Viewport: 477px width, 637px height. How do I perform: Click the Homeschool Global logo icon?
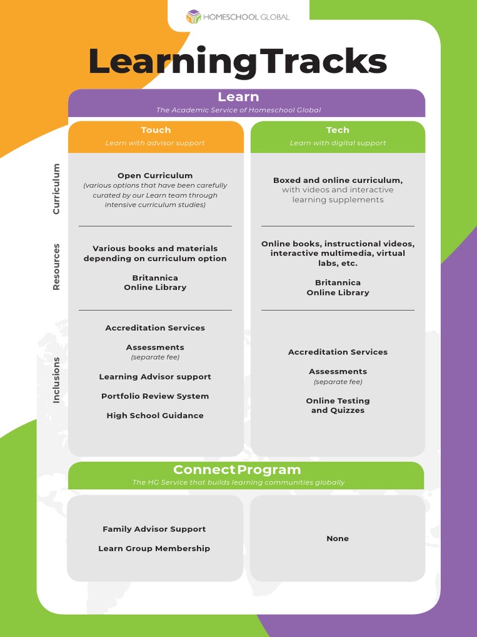[194, 17]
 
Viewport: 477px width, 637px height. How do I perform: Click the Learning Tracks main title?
[238, 62]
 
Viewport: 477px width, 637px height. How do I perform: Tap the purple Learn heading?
[238, 97]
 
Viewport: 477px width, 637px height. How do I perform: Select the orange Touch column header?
[155, 130]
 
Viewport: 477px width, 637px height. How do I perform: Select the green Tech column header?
[338, 130]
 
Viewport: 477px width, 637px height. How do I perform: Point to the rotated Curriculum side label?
[57, 189]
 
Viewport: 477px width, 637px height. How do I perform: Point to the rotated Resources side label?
[57, 267]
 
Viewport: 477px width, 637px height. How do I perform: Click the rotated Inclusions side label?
[57, 380]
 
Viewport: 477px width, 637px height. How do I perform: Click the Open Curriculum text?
[155, 175]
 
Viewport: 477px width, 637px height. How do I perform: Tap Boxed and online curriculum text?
[338, 180]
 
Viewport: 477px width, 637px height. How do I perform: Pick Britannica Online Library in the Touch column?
[155, 282]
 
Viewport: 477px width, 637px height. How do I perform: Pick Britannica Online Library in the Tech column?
[338, 287]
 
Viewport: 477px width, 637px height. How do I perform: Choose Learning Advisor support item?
[155, 377]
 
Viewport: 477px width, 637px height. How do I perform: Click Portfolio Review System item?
[155, 396]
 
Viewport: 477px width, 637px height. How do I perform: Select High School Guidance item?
[155, 416]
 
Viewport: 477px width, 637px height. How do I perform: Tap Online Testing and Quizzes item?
[338, 406]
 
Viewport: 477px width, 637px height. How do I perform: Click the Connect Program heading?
[237, 470]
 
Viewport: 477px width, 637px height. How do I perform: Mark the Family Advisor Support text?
[154, 529]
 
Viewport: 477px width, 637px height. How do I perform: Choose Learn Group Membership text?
[154, 549]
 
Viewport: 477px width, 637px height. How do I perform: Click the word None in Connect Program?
[338, 539]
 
